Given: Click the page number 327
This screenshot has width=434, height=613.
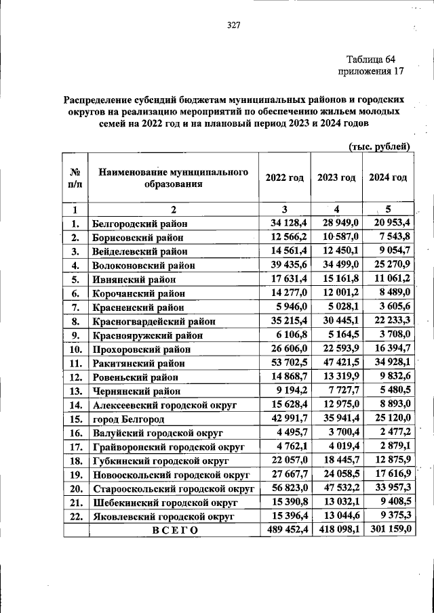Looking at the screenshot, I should tap(233, 25).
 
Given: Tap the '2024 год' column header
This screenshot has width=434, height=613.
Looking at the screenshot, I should tap(387, 177).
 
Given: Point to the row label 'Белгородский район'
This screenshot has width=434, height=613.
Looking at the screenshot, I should tap(140, 223).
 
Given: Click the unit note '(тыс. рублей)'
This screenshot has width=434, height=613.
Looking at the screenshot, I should tap(379, 146).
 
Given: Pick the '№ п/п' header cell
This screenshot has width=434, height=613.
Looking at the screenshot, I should tap(76, 178).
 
